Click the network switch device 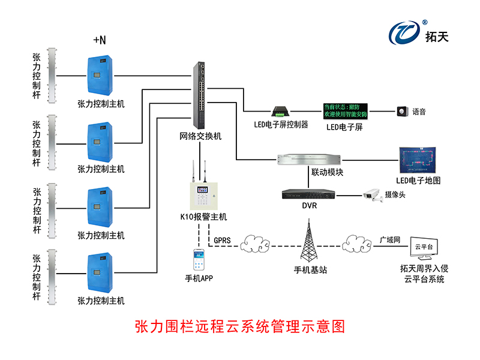pos(200,96)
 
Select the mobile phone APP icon pos(199,260)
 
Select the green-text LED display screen pos(347,110)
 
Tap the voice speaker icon pos(401,111)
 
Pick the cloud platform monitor pos(424,247)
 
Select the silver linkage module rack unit pos(310,160)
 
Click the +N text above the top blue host pos(100,40)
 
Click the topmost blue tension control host pos(100,76)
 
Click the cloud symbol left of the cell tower pos(255,245)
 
